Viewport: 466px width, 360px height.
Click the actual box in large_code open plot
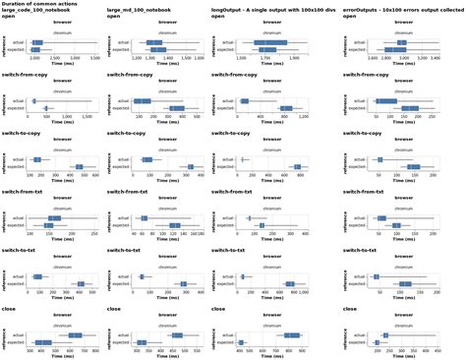tap(36, 43)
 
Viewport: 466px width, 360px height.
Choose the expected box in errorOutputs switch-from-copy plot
tap(410, 108)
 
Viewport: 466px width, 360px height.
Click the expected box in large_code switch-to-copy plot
tap(79, 167)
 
